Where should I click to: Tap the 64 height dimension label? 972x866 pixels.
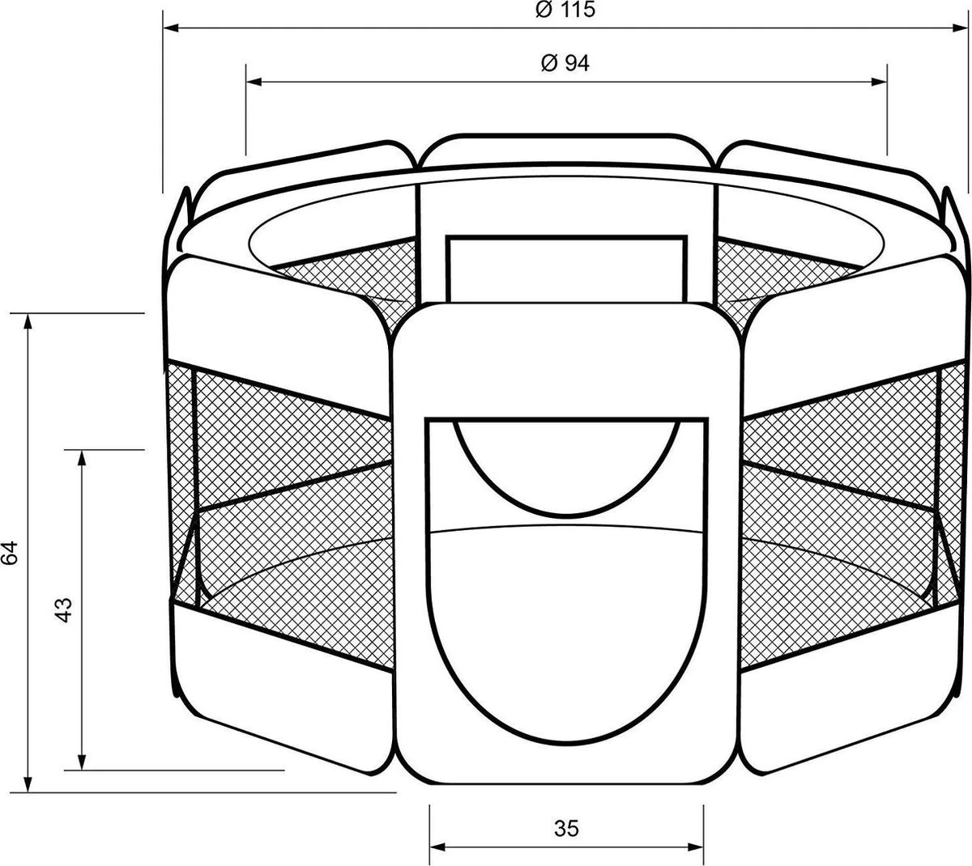click(10, 554)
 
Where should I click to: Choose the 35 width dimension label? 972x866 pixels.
click(567, 829)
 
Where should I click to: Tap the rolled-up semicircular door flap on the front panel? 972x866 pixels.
click(567, 473)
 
